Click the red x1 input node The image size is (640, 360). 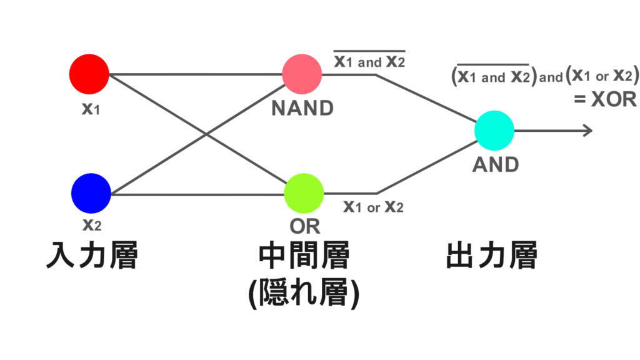[89, 74]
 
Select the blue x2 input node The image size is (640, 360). [91, 192]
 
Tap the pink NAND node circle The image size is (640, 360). [302, 74]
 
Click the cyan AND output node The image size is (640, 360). [494, 131]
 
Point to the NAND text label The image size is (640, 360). [302, 108]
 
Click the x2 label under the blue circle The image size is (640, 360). [92, 224]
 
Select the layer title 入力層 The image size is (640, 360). [92, 256]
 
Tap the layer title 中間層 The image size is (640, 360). [304, 256]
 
